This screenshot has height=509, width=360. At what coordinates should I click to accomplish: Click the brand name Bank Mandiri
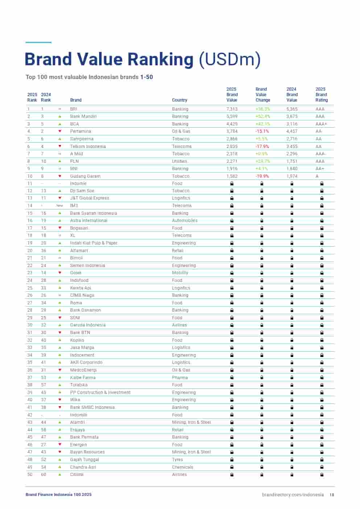83,116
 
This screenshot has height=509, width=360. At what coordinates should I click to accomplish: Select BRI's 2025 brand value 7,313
232,109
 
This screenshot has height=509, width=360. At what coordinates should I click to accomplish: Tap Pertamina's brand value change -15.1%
262,131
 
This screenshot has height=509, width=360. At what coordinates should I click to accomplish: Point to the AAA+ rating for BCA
321,124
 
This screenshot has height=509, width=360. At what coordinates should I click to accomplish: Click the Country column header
180,100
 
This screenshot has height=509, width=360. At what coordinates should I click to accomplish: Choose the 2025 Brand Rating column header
321,95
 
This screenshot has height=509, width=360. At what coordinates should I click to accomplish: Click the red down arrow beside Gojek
60,273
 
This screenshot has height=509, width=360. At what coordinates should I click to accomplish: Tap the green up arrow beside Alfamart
60,251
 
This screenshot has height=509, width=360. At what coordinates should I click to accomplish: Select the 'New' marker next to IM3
60,206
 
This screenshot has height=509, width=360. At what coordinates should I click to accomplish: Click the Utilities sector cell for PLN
180,161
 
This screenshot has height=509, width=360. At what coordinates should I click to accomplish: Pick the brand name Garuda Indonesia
88,325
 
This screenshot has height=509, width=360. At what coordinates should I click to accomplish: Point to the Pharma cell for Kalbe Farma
180,378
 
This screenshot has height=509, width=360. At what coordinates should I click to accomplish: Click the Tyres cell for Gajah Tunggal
177,460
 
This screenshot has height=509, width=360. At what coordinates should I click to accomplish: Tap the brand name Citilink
77,475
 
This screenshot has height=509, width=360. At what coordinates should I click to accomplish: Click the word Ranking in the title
157,59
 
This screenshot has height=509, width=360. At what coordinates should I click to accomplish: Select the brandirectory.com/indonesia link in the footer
292,494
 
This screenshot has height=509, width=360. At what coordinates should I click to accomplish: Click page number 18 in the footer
332,495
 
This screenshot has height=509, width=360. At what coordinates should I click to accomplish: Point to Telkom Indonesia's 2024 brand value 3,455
292,147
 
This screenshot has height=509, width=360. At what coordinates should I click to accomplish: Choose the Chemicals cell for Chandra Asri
183,467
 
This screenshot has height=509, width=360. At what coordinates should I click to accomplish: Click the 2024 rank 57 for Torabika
44,385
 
